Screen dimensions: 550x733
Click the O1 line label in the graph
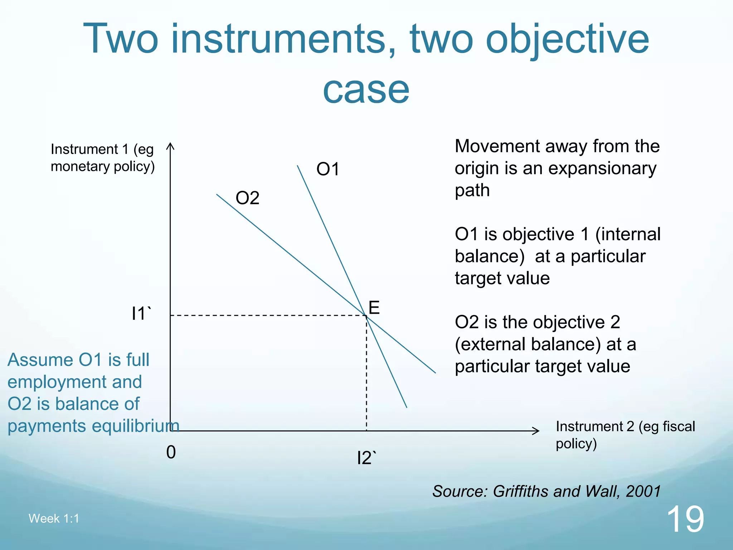coord(327,169)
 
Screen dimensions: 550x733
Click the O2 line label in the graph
coord(247,198)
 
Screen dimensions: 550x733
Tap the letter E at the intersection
coord(374,308)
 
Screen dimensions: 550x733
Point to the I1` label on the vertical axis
coord(141,314)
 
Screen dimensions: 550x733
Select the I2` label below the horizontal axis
coord(366,458)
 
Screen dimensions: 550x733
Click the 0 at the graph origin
coord(171,452)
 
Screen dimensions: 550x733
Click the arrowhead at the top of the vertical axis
coord(170,146)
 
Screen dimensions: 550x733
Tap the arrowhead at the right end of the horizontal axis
coord(537,431)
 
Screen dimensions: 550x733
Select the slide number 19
coord(685,519)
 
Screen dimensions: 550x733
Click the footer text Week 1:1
coord(54,518)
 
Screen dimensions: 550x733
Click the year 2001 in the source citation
coord(643,491)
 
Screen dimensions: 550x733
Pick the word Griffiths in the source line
coord(520,491)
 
